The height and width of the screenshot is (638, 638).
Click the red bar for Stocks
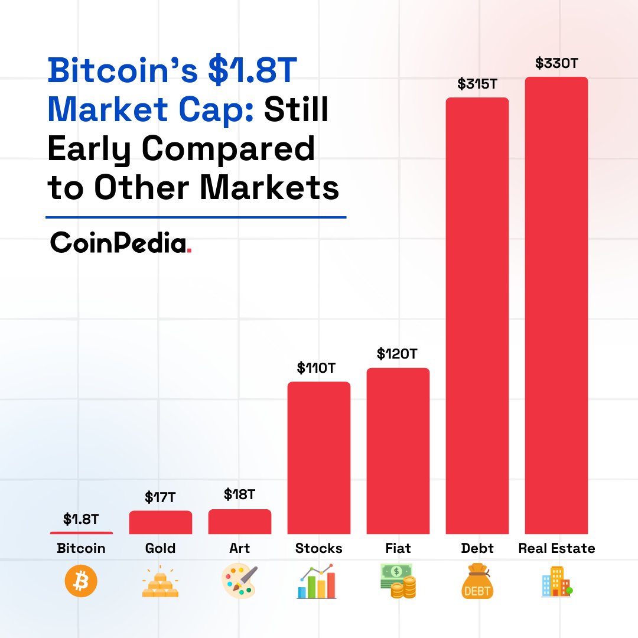(319, 458)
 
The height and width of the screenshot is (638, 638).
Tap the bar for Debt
(477, 315)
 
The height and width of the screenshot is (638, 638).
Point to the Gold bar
(161, 522)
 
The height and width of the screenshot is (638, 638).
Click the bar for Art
(240, 522)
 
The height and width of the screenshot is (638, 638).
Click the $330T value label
(556, 63)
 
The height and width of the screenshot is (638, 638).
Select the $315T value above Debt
(477, 84)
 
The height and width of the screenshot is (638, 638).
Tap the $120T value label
(398, 354)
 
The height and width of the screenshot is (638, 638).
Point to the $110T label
(317, 369)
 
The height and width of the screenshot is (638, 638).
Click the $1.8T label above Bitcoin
(81, 519)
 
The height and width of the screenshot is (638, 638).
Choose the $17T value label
(160, 497)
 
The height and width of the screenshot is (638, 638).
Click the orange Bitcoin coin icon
(81, 582)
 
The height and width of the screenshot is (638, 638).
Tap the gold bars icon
(160, 582)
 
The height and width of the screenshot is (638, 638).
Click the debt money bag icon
(477, 582)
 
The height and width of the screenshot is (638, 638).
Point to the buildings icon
(556, 582)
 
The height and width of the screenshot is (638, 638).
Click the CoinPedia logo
(121, 242)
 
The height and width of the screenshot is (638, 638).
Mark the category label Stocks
(319, 548)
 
